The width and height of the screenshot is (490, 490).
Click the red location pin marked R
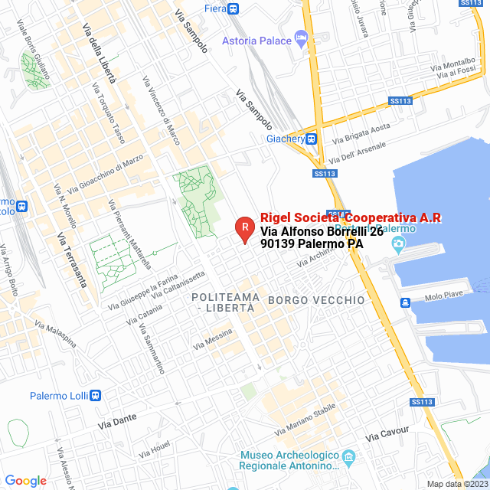244,227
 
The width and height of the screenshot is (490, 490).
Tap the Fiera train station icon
234,8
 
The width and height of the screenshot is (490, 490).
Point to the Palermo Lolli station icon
95,396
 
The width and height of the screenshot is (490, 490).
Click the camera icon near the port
397,244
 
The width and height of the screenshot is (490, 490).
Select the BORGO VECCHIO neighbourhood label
316,300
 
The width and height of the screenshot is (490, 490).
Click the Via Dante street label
117,422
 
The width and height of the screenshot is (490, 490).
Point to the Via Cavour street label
387,433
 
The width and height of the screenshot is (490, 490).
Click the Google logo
25,481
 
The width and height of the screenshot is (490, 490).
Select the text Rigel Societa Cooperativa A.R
351,217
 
